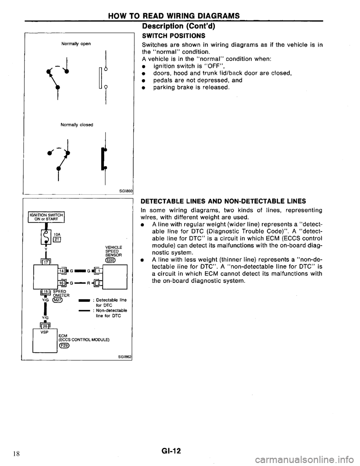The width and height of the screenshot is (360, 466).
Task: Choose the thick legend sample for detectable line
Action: (x=84, y=300)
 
